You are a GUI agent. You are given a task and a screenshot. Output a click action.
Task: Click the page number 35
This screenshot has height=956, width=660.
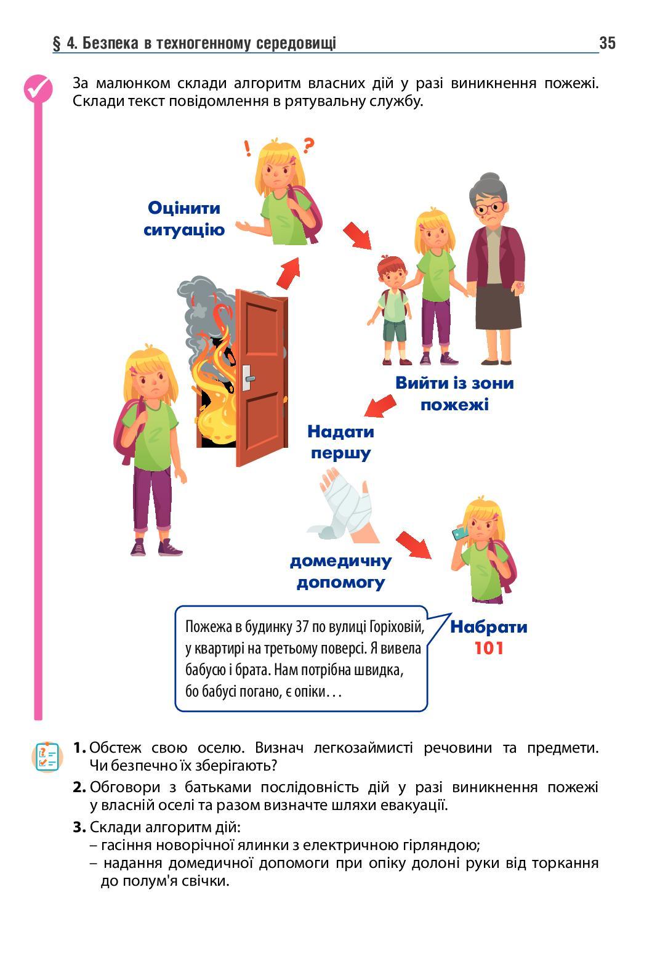[x=606, y=43]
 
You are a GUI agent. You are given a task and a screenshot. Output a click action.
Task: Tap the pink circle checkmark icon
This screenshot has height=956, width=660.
[x=38, y=89]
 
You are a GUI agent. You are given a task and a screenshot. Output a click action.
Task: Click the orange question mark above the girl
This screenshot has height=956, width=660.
[x=308, y=146]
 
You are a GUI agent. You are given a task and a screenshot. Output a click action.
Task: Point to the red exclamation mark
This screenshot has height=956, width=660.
[x=247, y=148]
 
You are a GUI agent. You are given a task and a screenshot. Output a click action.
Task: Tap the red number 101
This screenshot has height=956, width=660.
[x=489, y=648]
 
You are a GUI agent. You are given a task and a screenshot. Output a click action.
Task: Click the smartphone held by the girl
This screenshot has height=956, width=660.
[x=459, y=531]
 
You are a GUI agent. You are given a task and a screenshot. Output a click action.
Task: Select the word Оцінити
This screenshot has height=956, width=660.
[x=184, y=208]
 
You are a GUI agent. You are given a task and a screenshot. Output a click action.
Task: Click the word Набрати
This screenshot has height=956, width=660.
[x=489, y=627]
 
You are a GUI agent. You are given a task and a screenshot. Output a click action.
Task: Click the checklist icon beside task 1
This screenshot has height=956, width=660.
[x=47, y=756]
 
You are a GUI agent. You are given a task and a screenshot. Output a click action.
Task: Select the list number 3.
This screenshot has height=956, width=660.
[x=79, y=827]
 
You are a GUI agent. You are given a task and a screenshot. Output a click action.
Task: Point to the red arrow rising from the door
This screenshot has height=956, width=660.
[x=288, y=272]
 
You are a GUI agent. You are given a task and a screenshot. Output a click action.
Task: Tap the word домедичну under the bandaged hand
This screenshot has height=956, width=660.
[x=340, y=561]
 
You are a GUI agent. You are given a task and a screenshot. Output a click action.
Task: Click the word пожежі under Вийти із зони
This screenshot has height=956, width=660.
[x=454, y=405]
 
